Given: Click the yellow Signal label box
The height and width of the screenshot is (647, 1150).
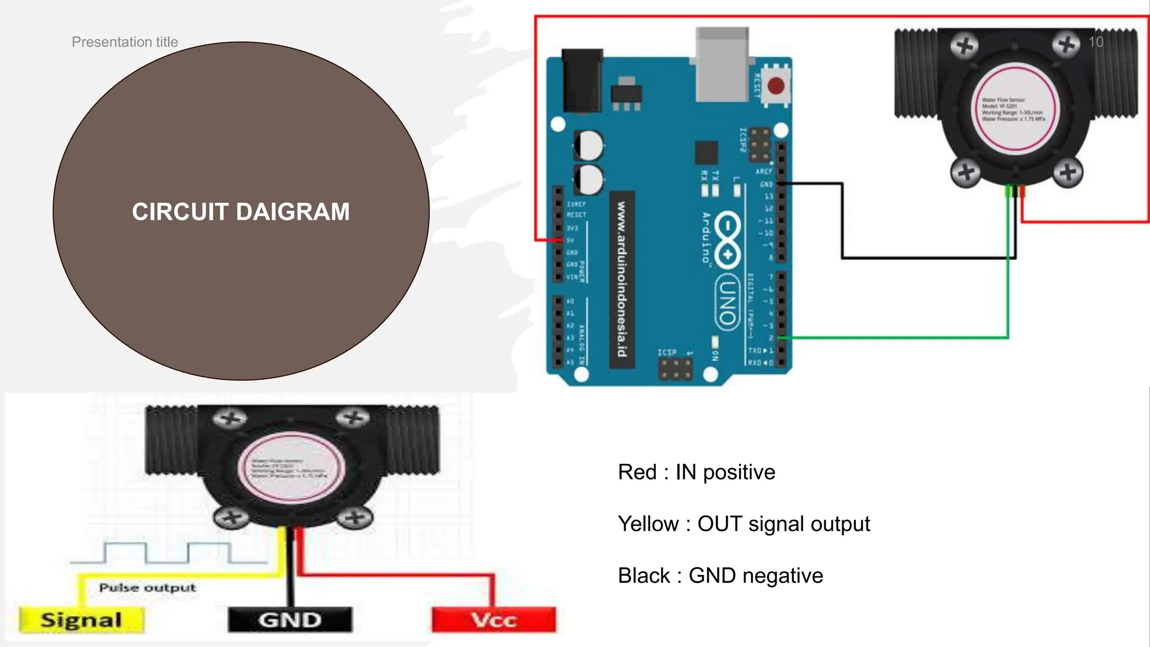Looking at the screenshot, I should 81,620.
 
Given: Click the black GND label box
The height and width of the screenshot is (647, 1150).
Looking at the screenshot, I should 290,620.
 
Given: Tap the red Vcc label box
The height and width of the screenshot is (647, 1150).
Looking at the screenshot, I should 494,620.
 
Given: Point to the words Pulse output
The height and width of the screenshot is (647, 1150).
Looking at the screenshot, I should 147,587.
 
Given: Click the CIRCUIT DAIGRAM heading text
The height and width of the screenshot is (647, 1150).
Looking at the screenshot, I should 241,212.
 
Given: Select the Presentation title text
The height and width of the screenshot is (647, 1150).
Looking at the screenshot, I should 125,42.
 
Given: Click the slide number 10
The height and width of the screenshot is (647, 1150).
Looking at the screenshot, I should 1096,42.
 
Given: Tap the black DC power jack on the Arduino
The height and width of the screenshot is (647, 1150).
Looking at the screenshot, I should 582,81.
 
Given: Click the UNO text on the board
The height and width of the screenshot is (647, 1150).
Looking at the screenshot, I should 728,302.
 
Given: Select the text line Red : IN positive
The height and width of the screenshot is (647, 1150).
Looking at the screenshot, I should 696,472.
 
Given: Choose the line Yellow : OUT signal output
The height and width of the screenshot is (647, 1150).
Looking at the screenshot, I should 743,524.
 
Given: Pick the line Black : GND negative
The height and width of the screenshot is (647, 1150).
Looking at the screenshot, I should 720,576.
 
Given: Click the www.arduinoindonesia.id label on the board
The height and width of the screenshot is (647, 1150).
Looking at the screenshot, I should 622,279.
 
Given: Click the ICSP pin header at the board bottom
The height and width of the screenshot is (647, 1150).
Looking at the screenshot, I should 676,369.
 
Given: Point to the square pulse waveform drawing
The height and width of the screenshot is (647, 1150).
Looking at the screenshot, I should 168,553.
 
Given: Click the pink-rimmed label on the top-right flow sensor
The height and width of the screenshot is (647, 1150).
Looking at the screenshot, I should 1014,109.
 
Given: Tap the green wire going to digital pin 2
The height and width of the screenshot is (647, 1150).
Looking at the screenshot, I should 898,338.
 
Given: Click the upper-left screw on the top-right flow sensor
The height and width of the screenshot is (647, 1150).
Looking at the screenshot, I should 965,45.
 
